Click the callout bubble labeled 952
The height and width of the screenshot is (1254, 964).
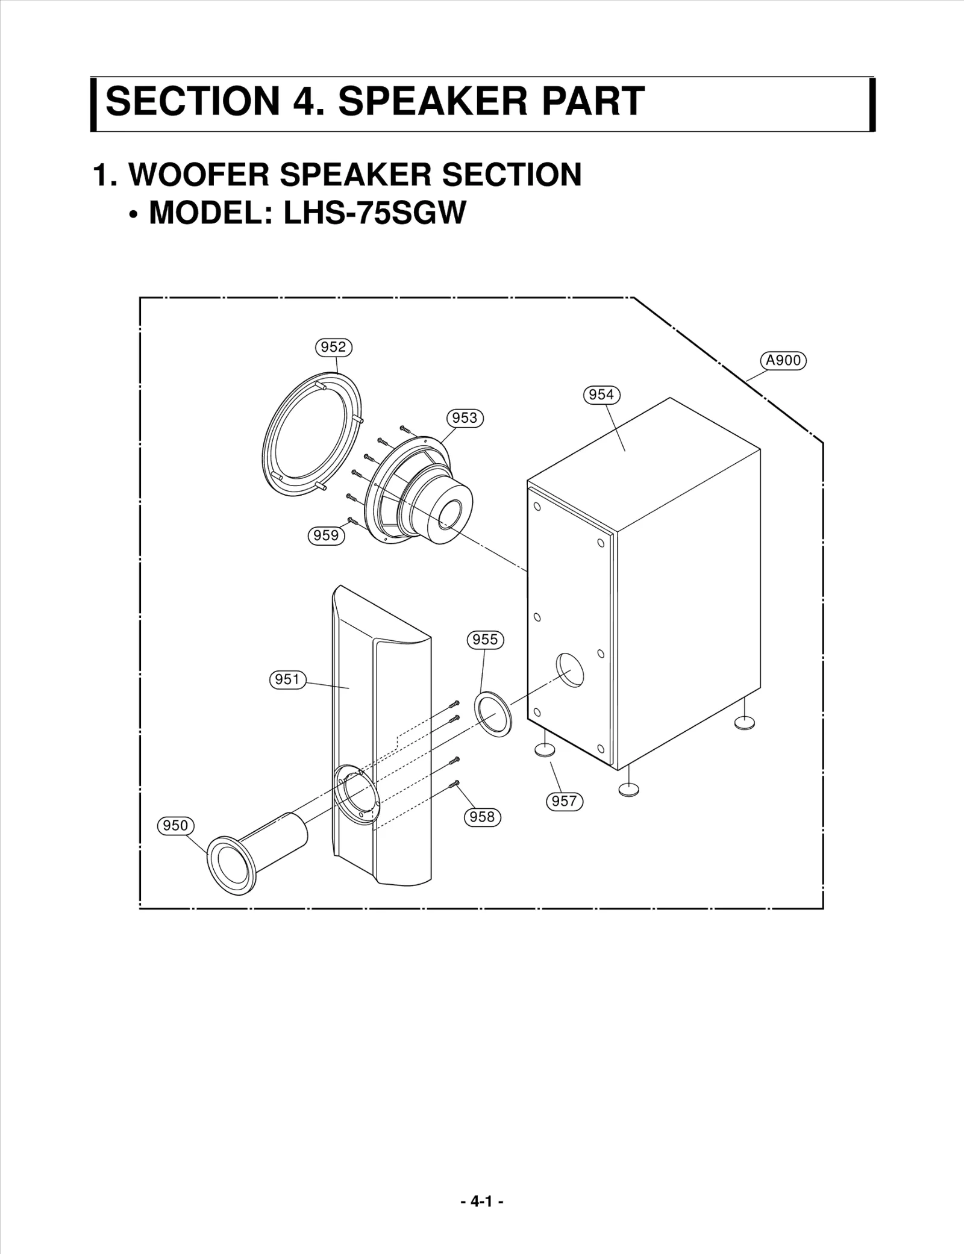point(333,347)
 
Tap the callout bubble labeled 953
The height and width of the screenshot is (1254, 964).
point(465,418)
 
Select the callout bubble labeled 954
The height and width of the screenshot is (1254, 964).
point(601,395)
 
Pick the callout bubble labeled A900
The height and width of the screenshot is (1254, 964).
point(783,361)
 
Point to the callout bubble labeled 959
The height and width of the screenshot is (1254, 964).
point(326,535)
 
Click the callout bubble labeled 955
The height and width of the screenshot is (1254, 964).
point(485,639)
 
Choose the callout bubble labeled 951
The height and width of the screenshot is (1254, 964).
point(287,680)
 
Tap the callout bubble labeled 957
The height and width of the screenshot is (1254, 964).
point(564,801)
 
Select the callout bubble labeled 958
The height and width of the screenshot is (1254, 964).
point(482,817)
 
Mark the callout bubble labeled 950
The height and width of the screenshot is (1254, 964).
point(175,825)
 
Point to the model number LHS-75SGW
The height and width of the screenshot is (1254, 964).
point(374,213)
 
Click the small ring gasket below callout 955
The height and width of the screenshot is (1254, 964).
point(493,714)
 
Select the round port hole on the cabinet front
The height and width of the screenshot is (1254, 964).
point(570,670)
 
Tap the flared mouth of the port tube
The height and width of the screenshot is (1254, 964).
point(231,865)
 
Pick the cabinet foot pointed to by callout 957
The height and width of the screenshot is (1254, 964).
point(545,749)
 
